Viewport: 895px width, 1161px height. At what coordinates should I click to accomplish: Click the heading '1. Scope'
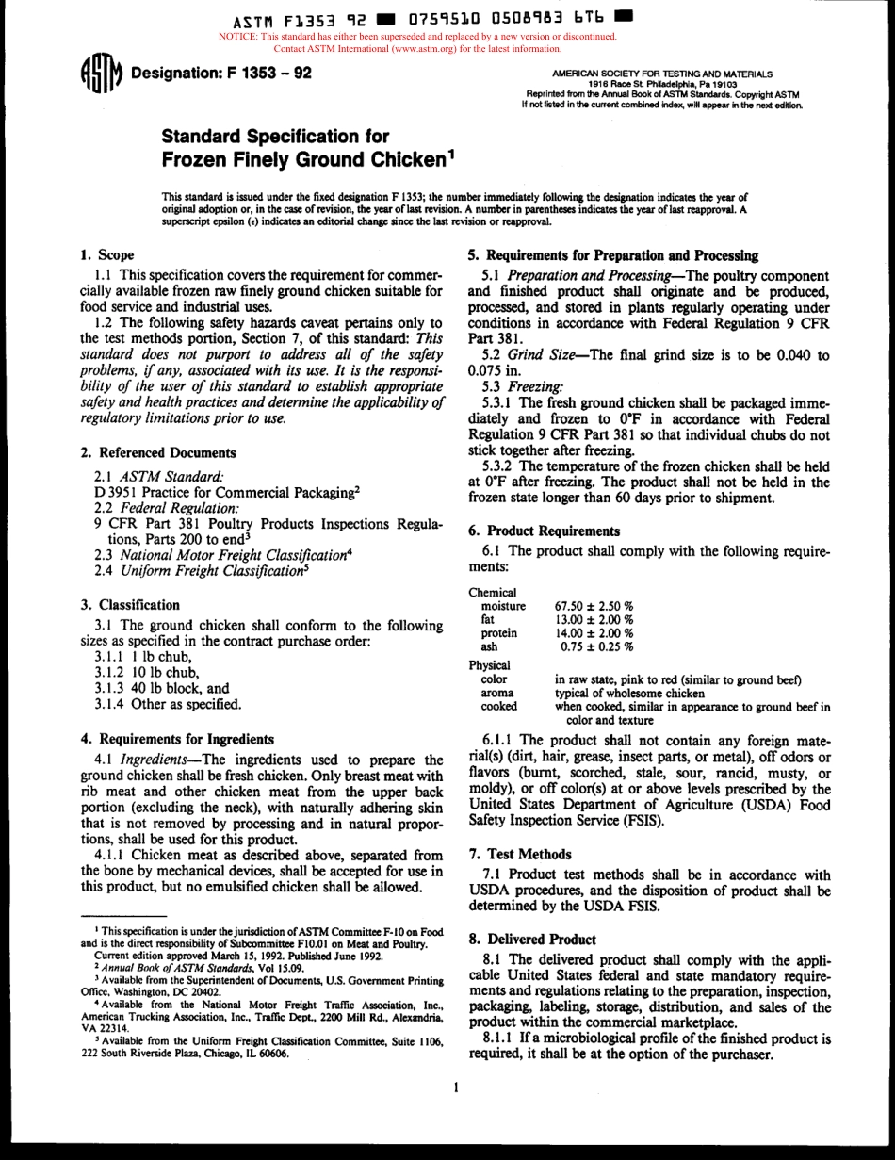(107, 254)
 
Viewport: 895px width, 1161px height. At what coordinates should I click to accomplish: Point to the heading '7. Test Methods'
(520, 854)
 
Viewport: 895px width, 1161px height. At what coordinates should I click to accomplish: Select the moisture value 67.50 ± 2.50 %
(594, 606)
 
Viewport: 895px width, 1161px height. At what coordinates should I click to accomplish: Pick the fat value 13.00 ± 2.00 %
(594, 619)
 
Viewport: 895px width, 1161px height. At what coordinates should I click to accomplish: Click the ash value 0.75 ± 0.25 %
(596, 646)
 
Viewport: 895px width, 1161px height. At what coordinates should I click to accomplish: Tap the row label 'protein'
(499, 633)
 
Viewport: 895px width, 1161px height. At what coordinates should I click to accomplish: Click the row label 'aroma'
(497, 693)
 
